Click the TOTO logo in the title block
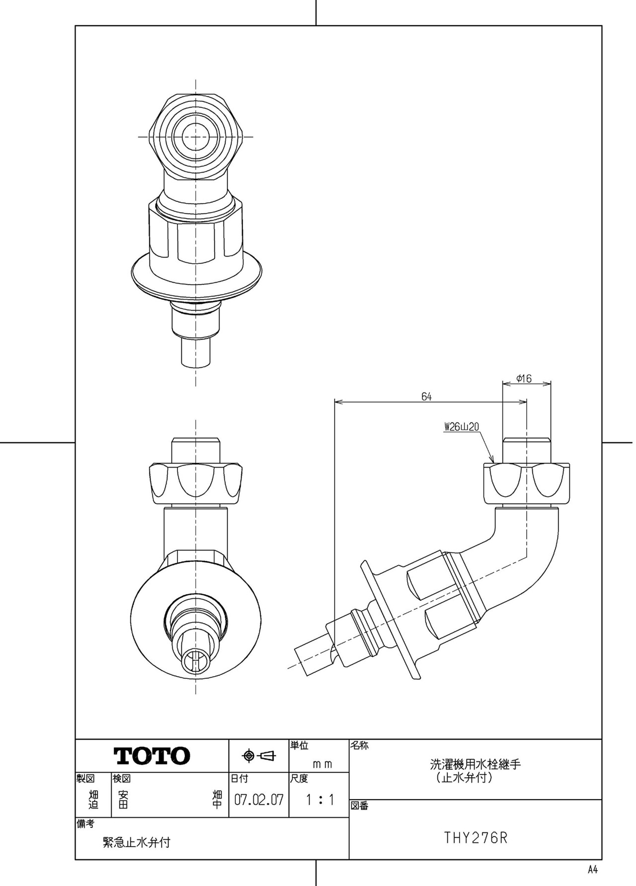(x=152, y=756)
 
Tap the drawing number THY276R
(x=476, y=838)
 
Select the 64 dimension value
(x=426, y=397)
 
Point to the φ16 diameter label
(x=524, y=379)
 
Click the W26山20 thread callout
(x=461, y=427)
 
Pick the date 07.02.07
(x=259, y=800)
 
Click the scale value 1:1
(x=320, y=800)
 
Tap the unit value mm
(x=322, y=764)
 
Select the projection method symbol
(x=258, y=756)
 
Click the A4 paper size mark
(x=592, y=870)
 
